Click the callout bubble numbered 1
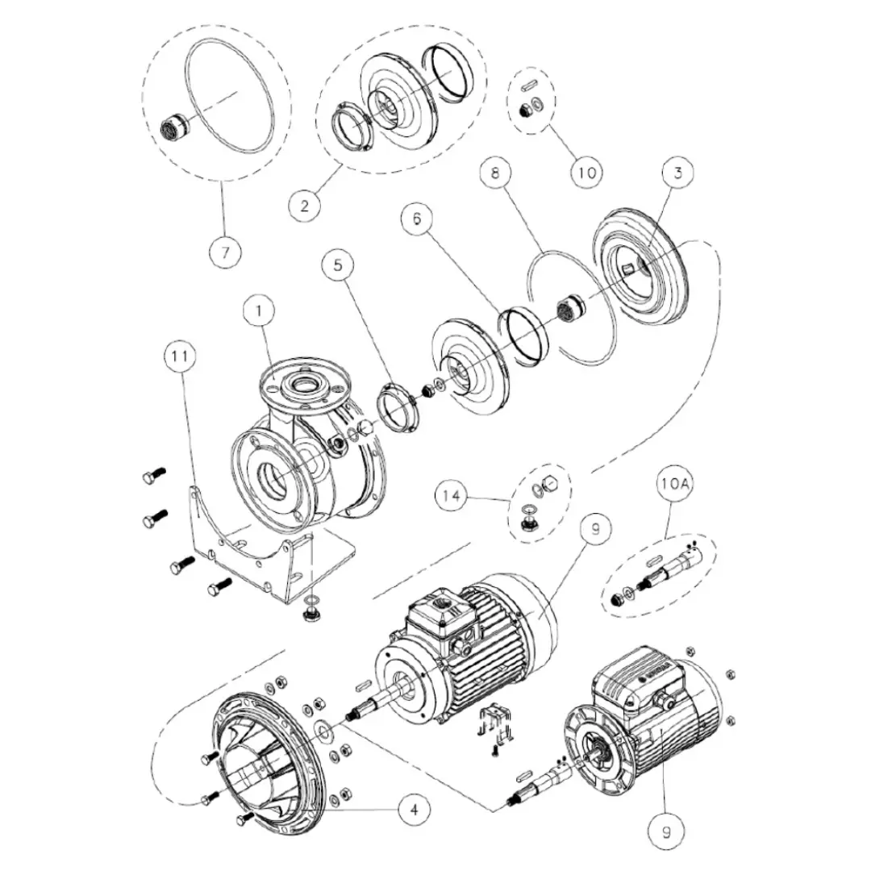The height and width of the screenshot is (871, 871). [259, 311]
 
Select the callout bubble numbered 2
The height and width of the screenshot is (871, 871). [304, 206]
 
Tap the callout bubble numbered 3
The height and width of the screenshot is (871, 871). [677, 173]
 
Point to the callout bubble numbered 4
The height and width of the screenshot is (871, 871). [414, 809]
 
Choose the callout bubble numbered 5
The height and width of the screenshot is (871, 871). [338, 265]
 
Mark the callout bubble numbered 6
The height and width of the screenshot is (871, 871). [417, 219]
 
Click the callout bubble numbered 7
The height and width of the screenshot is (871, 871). [225, 252]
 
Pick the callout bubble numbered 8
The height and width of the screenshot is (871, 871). [495, 173]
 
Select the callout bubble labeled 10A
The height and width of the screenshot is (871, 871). [674, 484]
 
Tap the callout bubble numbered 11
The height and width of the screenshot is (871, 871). [180, 356]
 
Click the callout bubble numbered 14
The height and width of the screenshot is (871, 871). [452, 495]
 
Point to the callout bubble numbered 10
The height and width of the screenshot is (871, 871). [587, 173]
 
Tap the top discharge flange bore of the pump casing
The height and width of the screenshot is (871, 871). [303, 383]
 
